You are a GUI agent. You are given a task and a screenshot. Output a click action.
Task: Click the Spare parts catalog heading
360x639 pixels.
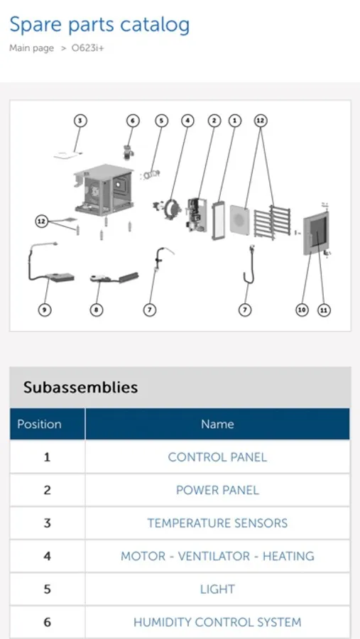coord(99,26)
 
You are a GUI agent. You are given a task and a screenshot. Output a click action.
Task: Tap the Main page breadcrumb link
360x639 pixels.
coord(31,48)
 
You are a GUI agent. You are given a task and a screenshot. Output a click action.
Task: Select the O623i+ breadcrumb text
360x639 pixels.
coord(87,48)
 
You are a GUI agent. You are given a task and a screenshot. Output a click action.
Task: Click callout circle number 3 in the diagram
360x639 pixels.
coord(80,121)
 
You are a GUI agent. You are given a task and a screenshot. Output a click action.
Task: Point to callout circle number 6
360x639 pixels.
coord(133,121)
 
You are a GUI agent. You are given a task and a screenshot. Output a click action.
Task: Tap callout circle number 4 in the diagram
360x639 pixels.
coord(187,121)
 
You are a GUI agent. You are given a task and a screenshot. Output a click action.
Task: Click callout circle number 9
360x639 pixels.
coord(45,310)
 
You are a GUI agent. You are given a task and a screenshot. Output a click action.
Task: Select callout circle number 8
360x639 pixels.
coord(97,310)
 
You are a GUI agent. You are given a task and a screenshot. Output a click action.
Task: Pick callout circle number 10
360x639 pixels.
coord(302,310)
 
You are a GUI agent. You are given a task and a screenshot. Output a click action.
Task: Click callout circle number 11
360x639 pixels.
coord(324,310)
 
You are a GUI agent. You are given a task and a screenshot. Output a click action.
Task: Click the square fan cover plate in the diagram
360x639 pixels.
coord(240,220)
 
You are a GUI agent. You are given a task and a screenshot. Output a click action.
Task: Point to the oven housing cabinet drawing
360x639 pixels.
coord(104,190)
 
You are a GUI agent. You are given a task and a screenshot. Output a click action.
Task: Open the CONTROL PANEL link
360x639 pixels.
coord(217,457)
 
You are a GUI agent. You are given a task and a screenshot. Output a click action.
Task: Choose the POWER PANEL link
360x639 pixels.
coord(217,490)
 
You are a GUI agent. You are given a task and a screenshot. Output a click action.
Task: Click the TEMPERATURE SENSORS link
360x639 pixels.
coord(217,523)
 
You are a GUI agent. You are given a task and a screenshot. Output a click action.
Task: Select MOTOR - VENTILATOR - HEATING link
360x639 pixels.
coord(217,556)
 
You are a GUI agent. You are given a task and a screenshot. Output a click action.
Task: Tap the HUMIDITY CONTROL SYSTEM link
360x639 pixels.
coord(217,622)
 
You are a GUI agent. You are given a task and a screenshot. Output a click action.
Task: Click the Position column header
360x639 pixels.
coord(39,424)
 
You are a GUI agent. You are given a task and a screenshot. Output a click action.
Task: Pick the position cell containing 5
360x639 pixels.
coord(48,589)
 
